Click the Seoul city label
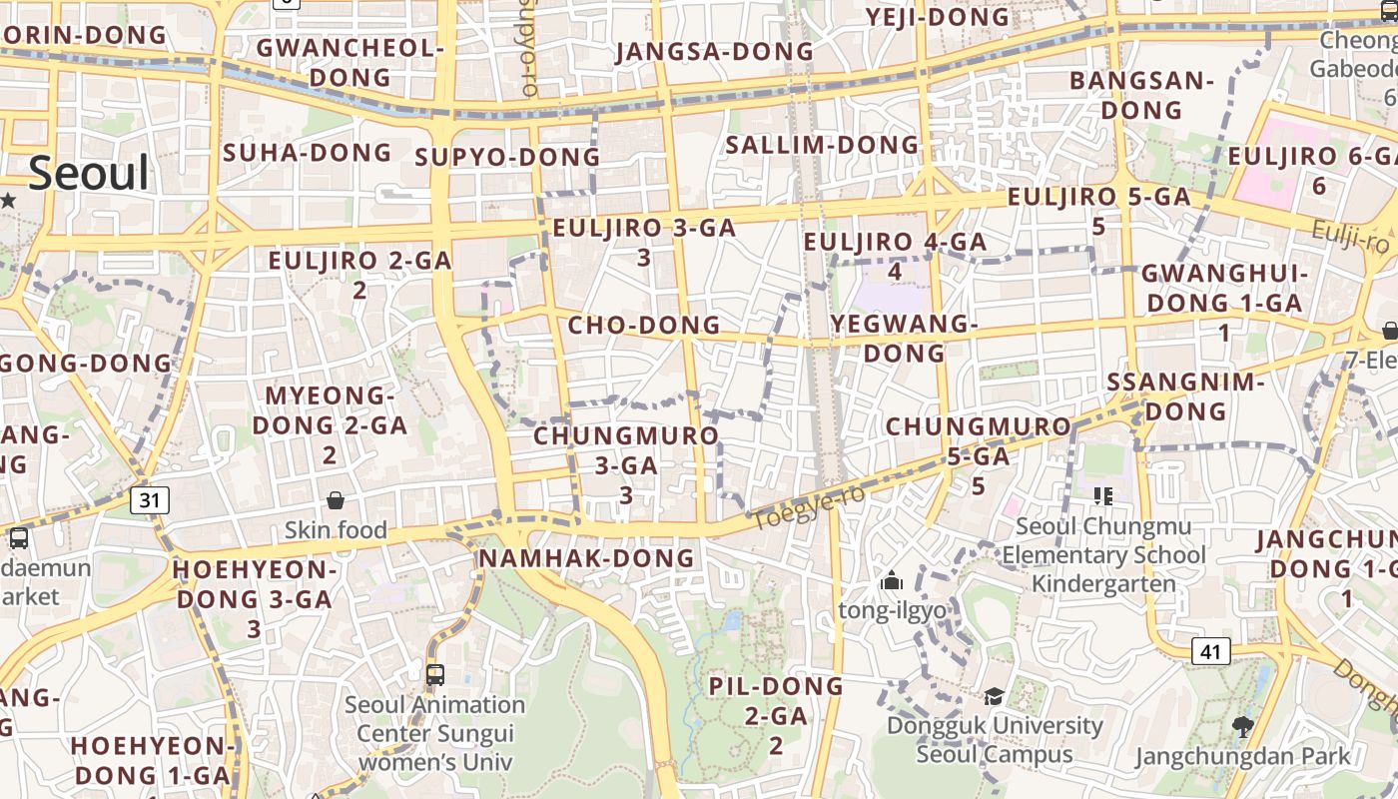click(89, 173)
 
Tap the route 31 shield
click(149, 500)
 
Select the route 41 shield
click(1210, 652)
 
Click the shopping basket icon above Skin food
click(336, 500)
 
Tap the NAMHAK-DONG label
click(586, 558)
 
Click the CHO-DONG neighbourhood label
click(644, 326)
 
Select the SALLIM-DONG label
click(822, 145)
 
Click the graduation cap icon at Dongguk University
click(994, 696)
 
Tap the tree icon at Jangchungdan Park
click(1242, 727)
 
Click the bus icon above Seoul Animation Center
click(434, 674)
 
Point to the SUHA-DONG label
click(308, 153)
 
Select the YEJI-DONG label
click(938, 17)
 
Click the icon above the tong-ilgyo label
click(892, 581)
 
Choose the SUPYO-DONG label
click(507, 158)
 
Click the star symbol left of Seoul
click(9, 200)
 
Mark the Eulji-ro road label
click(1351, 238)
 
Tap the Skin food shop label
click(336, 529)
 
